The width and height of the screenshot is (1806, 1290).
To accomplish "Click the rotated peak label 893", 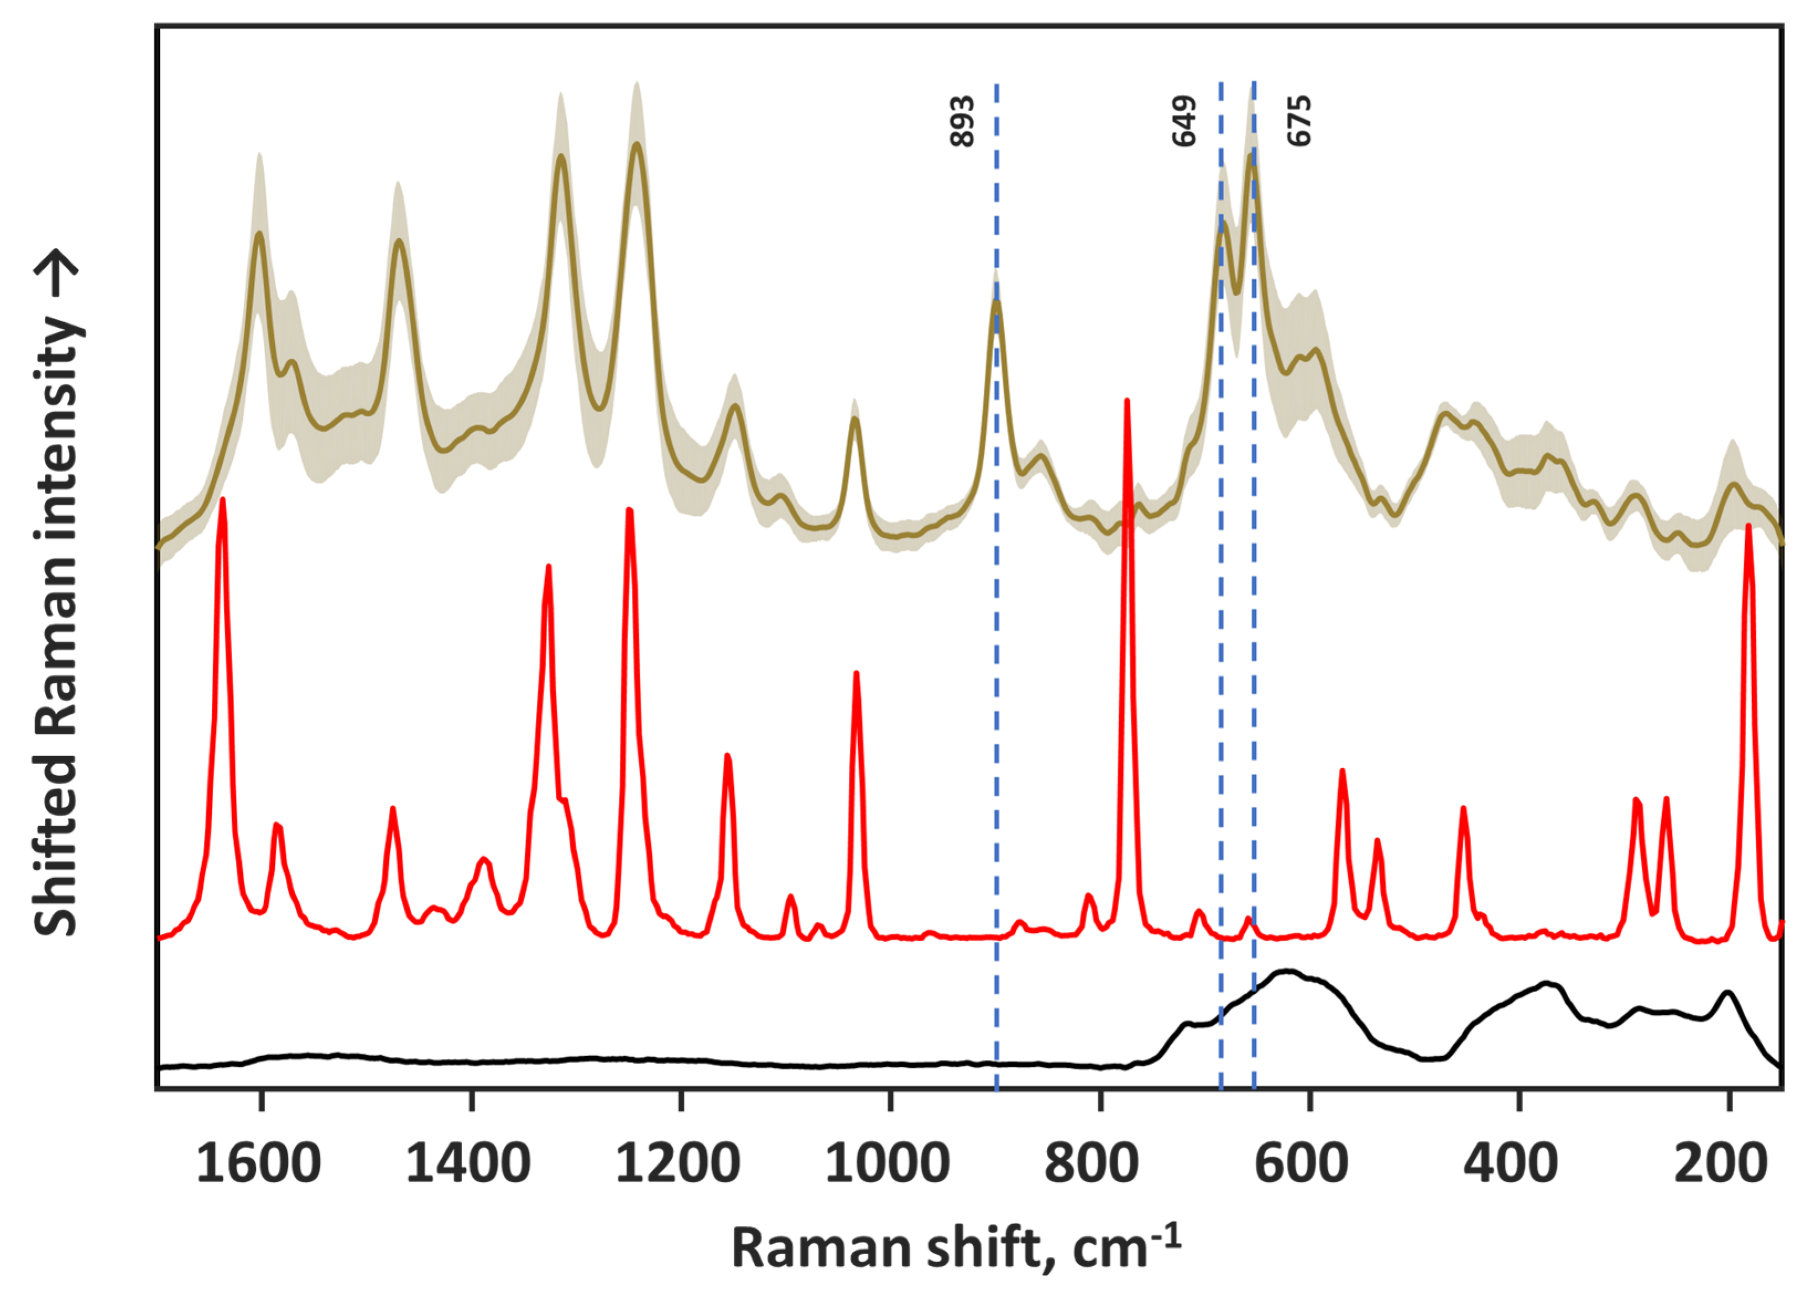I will click(x=962, y=120).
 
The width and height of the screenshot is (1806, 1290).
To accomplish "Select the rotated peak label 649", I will click(x=1184, y=120).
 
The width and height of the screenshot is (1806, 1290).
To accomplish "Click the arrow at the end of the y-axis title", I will click(x=57, y=275).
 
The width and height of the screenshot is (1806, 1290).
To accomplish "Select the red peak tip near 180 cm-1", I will click(x=1748, y=527).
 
